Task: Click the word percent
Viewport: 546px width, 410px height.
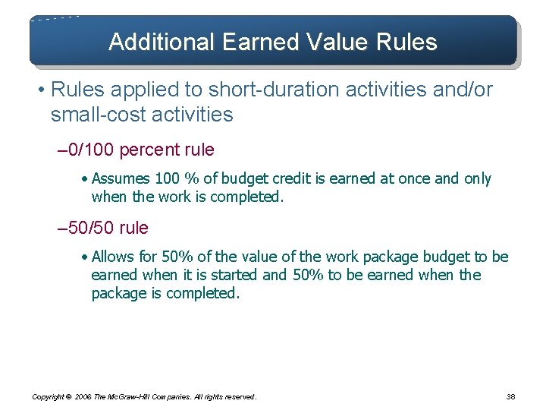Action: click(x=149, y=150)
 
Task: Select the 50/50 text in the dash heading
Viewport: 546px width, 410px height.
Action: click(x=89, y=228)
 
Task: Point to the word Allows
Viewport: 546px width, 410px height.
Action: click(x=111, y=257)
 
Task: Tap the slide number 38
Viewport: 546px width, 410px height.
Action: click(x=510, y=396)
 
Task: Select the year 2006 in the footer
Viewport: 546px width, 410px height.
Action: click(x=83, y=396)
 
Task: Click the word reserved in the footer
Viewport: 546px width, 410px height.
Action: click(x=237, y=396)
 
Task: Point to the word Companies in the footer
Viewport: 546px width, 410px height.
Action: click(x=175, y=396)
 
